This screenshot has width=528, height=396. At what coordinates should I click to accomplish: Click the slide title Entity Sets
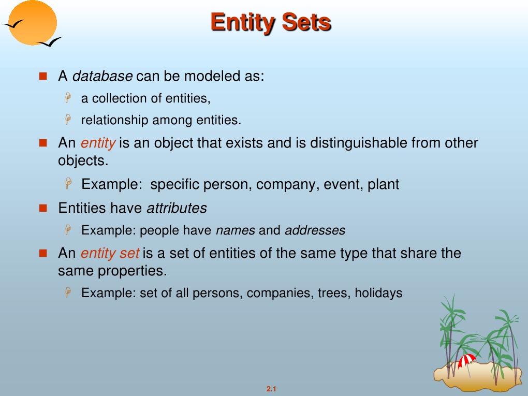point(271,22)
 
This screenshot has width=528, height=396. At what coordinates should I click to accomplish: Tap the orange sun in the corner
point(32,22)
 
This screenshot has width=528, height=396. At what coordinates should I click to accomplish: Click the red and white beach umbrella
point(467,361)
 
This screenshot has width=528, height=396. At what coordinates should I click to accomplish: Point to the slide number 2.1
point(271,389)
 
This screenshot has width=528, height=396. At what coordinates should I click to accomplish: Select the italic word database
point(102,76)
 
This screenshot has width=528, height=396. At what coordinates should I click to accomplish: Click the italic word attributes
point(177,208)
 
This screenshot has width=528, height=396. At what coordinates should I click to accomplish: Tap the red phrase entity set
point(110,253)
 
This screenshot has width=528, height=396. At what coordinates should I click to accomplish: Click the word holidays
point(378,292)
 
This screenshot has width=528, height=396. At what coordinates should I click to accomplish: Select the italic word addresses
point(315,230)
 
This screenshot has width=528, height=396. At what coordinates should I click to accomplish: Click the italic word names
point(236,230)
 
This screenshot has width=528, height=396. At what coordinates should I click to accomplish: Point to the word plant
point(383,184)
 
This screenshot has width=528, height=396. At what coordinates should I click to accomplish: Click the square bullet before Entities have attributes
point(43,208)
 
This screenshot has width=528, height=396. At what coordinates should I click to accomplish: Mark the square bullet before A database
point(43,76)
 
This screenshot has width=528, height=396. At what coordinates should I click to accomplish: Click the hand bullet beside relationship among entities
point(68,120)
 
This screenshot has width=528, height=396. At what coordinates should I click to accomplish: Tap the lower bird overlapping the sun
point(50,42)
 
